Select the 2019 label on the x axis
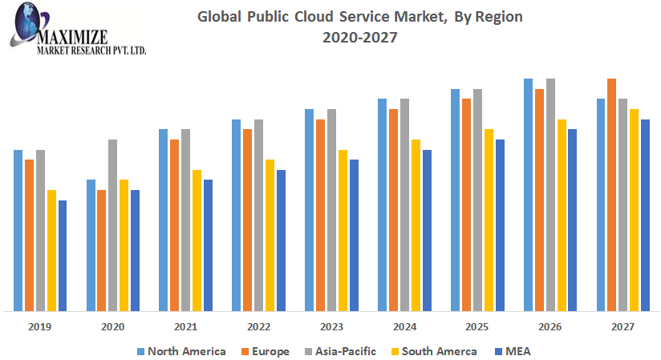coord(40,327)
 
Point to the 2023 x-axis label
coord(331,327)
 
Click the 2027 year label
coord(622,327)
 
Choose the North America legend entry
coord(180,351)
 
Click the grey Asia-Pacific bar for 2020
coord(113,224)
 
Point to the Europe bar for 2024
coord(393,209)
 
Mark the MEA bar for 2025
coord(500,224)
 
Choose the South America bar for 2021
coord(197,240)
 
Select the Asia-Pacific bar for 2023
coord(331,209)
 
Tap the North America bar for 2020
coord(91,245)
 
